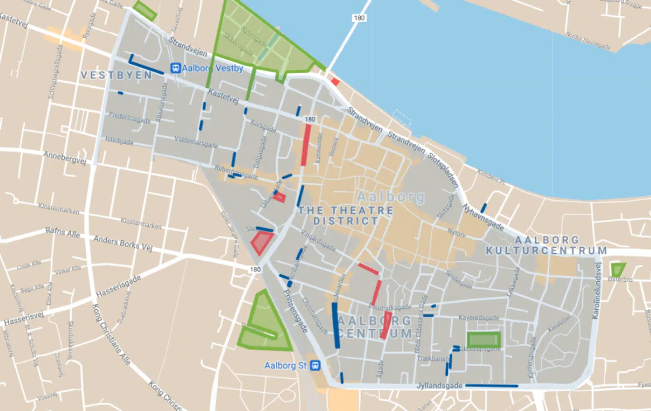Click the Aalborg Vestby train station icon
pos(175,68)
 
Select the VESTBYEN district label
pos(116,76)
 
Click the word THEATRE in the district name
pos(362,211)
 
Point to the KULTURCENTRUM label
pos(546,250)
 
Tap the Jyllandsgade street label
pos(439,386)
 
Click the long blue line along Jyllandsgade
pos(491,386)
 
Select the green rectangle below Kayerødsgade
pos(484,340)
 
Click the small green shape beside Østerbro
pos(617,270)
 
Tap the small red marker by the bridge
pos(335,82)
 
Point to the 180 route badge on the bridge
pos(359,18)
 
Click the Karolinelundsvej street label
pos(598,291)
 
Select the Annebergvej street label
pos(65,158)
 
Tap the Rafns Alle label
pos(62,233)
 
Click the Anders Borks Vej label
pos(123,243)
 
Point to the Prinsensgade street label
pos(295,311)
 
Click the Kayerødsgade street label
pos(479,318)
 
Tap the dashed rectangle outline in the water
pos(402,118)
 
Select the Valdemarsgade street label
pos(196,142)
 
